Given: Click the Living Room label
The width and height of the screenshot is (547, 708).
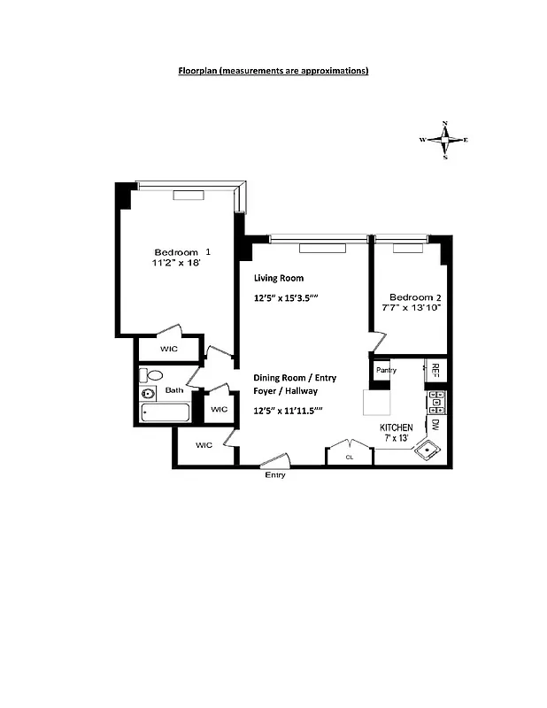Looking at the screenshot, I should [x=278, y=278].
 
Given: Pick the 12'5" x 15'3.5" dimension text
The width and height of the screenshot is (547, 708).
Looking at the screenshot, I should [x=285, y=299].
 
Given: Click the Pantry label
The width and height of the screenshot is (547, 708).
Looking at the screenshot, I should [x=385, y=369].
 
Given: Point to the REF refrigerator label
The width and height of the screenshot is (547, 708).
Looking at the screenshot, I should [x=435, y=370].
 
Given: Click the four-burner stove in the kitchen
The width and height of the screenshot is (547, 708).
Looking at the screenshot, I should [x=435, y=403].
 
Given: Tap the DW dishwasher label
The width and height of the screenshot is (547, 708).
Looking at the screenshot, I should [x=435, y=424].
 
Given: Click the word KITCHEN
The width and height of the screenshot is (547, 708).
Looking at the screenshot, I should [x=397, y=427].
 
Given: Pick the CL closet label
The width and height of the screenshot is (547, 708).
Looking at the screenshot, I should [x=350, y=458].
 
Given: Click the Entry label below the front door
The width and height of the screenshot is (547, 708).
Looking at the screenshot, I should [x=275, y=475].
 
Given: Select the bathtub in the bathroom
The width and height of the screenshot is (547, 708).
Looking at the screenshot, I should [x=166, y=412].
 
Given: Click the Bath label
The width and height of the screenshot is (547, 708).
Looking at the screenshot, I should [x=173, y=389].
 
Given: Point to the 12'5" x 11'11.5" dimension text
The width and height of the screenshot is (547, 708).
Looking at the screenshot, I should [x=288, y=411].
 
